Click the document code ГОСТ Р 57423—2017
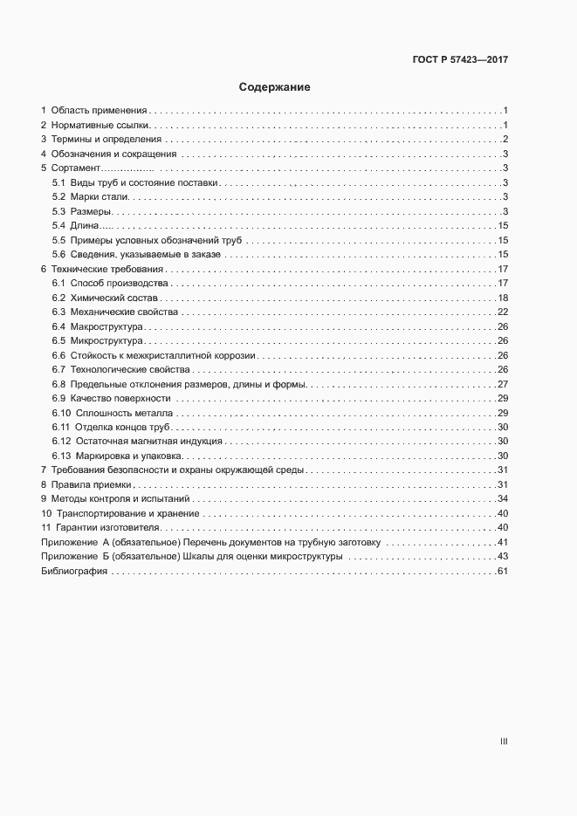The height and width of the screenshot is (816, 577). (x=459, y=60)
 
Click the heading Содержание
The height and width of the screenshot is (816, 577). (x=274, y=87)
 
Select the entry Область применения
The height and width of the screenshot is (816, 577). (x=99, y=111)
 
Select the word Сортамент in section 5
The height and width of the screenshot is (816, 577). (x=77, y=168)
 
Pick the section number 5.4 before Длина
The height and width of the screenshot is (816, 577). (x=58, y=226)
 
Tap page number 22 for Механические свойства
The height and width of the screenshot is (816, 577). (x=502, y=312)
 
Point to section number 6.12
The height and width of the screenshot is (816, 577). (x=61, y=442)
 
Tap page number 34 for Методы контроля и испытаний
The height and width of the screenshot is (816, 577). (x=502, y=498)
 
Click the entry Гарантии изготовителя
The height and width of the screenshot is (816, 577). (x=109, y=527)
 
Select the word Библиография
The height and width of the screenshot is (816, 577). (x=73, y=571)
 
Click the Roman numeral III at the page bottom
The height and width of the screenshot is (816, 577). (x=503, y=742)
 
